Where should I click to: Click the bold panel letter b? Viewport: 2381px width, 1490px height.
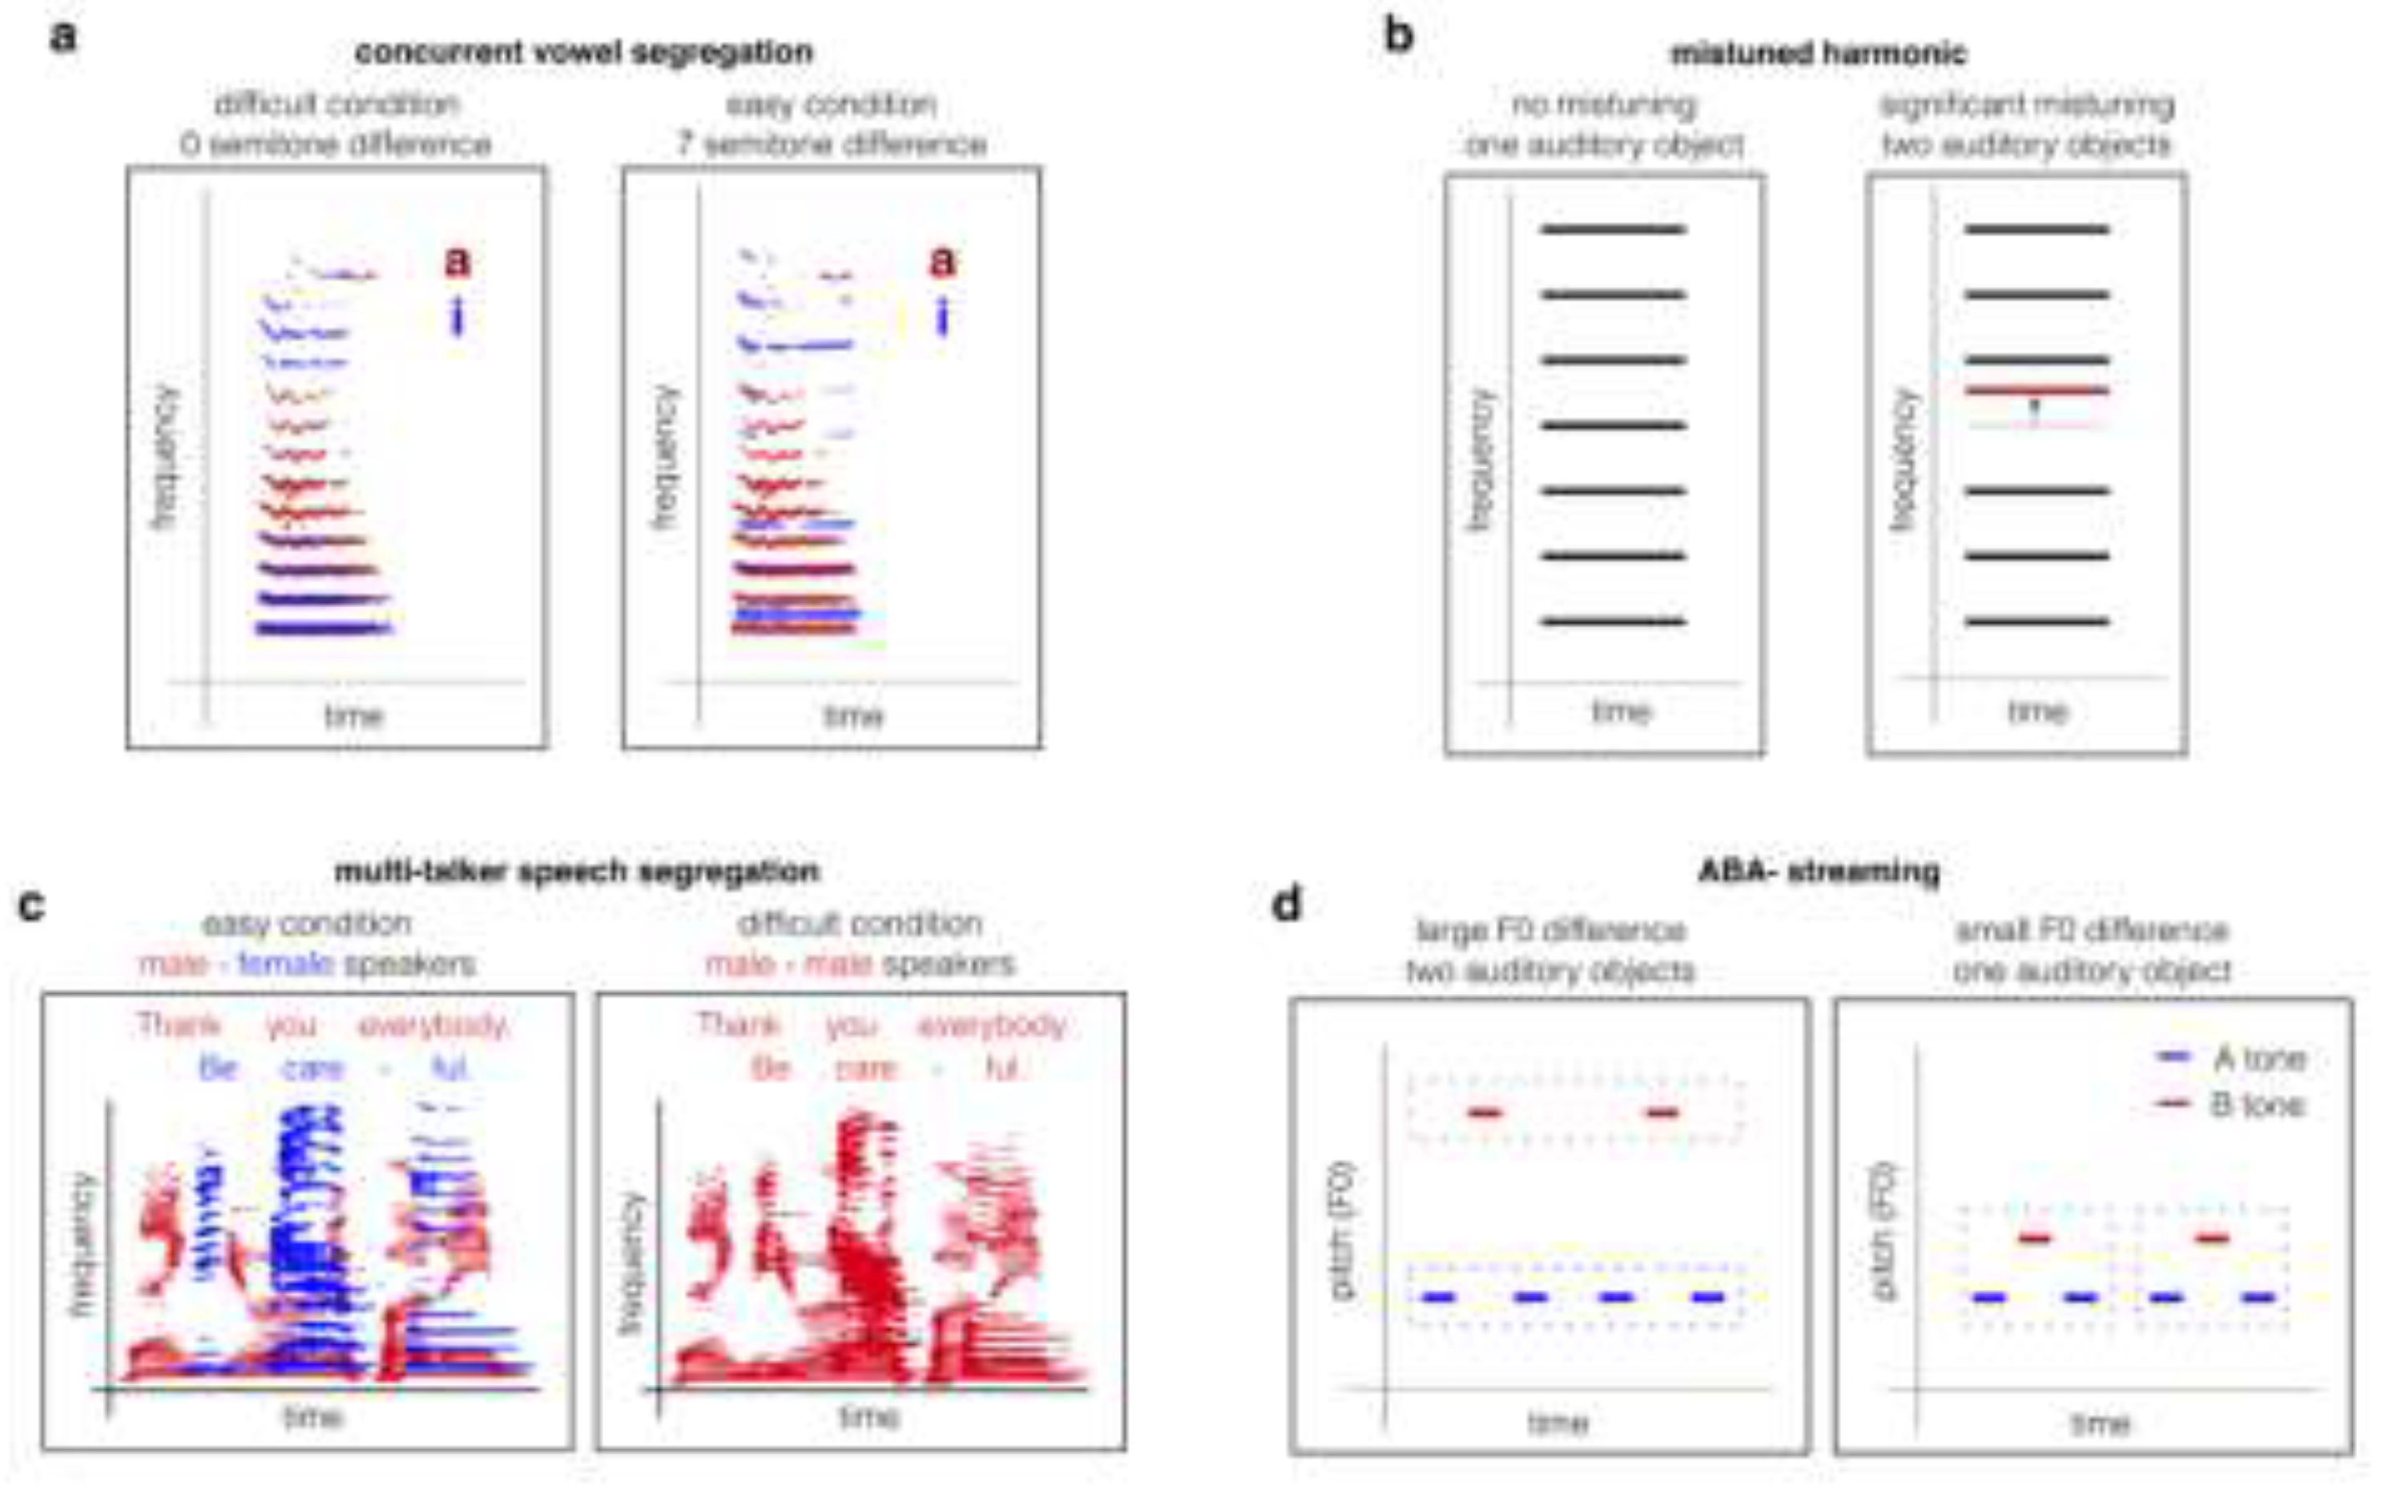pos(1399,38)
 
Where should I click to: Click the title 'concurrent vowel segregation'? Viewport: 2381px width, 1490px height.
pos(583,52)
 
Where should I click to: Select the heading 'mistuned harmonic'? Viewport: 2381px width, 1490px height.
pos(1819,53)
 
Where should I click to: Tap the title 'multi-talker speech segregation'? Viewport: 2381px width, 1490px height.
pos(577,871)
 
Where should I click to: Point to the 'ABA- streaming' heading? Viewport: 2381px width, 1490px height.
pos(1819,871)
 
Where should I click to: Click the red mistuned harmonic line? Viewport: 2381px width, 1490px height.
pos(2037,391)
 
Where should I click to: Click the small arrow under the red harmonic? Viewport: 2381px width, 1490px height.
pos(2036,408)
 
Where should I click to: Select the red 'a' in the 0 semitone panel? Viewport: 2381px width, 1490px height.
pos(457,261)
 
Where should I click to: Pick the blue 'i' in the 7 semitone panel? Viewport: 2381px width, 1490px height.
pos(942,317)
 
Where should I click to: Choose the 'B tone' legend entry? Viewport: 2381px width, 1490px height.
pos(2231,1105)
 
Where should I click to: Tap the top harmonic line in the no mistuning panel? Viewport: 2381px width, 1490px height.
pos(1614,230)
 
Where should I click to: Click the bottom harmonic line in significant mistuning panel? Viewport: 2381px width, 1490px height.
pos(2037,622)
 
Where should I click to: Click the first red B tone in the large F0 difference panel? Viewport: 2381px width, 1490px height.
pos(1485,1113)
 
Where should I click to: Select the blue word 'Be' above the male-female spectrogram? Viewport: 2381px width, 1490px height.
pos(218,1068)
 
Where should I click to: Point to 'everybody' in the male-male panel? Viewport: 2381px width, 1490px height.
pos(992,1026)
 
